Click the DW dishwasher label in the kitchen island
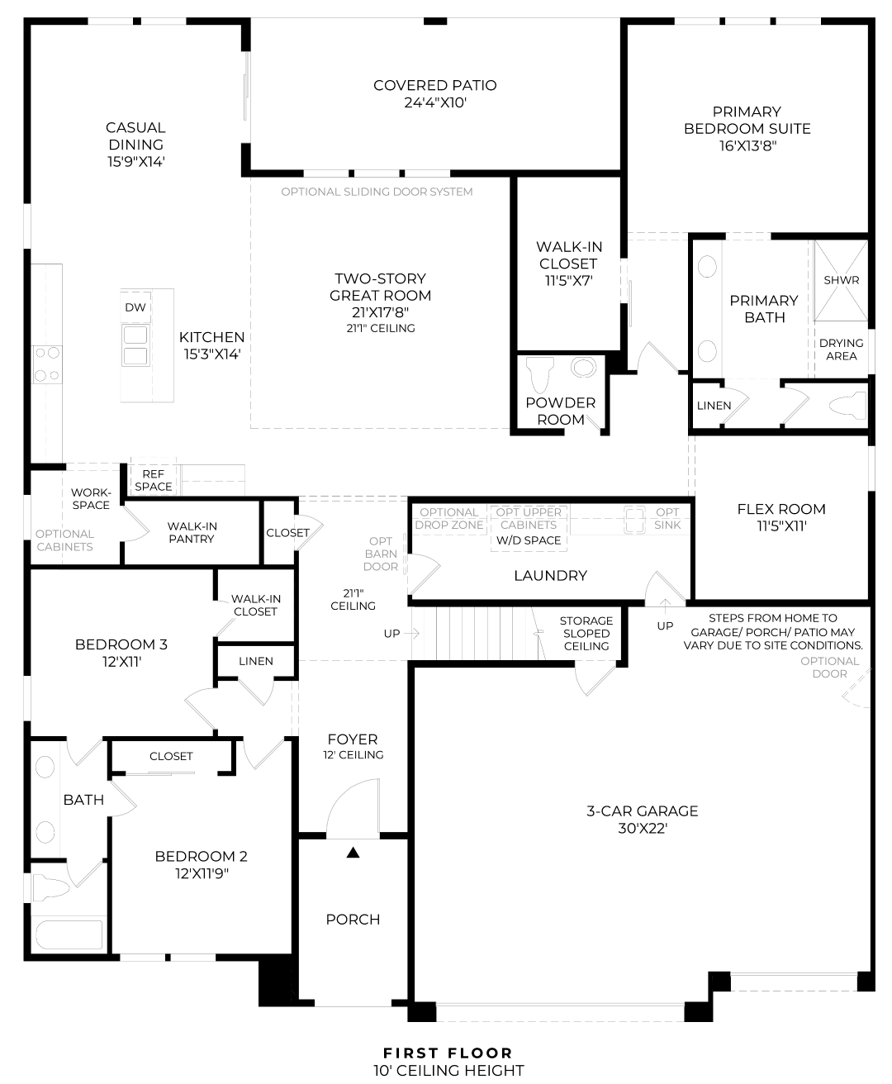click(135, 307)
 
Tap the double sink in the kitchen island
click(135, 345)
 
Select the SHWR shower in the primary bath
click(841, 280)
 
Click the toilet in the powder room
click(540, 375)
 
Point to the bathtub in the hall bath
click(69, 934)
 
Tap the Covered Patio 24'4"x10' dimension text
click(435, 102)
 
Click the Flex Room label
click(781, 509)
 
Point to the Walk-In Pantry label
click(192, 532)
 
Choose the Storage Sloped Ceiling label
click(586, 633)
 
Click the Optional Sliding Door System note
click(377, 192)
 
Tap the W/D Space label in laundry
click(529, 540)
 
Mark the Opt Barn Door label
click(381, 554)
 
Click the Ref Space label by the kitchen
click(153, 480)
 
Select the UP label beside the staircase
click(391, 634)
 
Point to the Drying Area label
click(841, 349)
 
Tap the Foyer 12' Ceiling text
click(353, 746)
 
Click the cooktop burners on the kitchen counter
click(47, 364)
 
